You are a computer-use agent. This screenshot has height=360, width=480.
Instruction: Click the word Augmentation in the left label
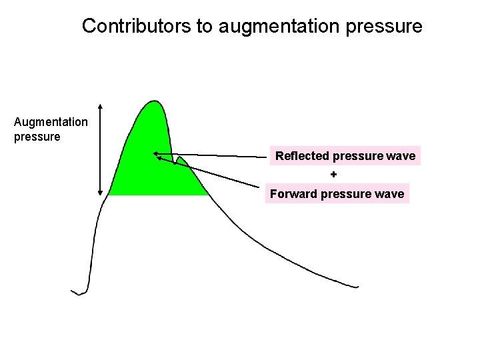pos(51,122)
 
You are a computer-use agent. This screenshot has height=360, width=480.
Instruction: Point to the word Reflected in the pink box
pos(302,156)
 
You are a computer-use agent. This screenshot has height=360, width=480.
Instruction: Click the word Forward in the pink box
pos(293,194)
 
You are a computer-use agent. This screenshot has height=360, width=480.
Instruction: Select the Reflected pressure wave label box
pos(345,156)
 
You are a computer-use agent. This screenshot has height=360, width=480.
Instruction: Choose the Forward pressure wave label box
pos(337,194)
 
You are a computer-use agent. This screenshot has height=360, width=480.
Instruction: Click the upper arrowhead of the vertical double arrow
pos(100,106)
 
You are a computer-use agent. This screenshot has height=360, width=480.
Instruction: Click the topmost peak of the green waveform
pos(155,101)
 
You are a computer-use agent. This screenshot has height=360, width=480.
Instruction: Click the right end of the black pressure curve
pos(357,287)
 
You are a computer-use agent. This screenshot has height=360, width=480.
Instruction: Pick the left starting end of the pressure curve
pos(72,291)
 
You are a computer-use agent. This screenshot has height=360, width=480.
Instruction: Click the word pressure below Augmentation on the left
pos(37,137)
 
